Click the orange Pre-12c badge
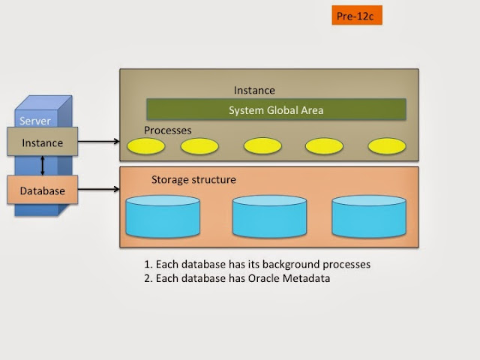click(x=356, y=15)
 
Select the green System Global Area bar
click(x=276, y=109)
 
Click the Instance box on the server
click(x=42, y=142)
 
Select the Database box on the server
click(x=42, y=190)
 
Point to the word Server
click(x=35, y=121)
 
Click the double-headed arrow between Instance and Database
click(x=43, y=166)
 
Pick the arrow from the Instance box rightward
click(x=98, y=141)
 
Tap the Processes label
click(x=168, y=130)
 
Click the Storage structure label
click(x=193, y=180)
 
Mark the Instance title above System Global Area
click(x=255, y=90)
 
